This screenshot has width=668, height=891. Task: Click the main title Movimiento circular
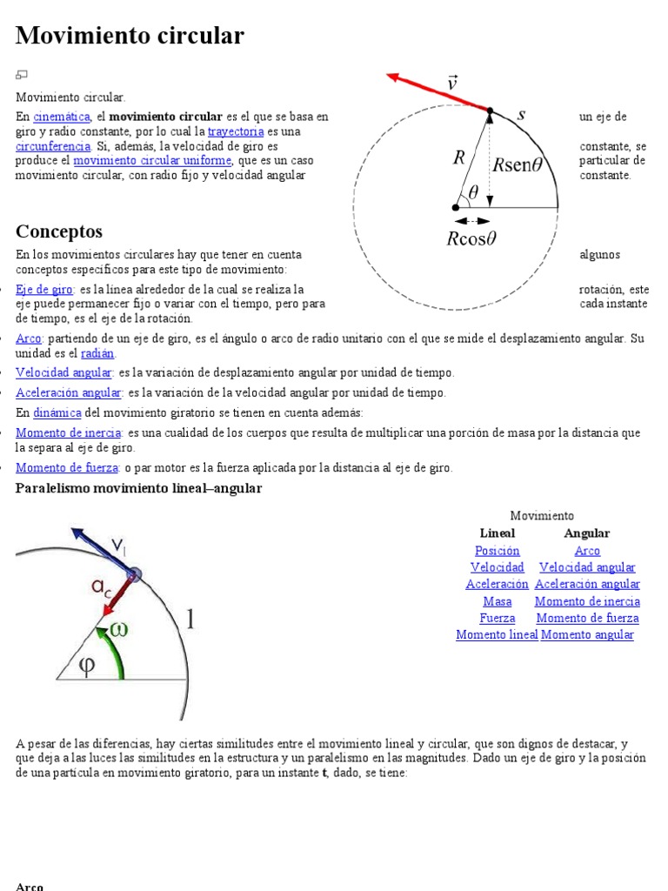tap(130, 36)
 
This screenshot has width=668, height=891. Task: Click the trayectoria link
tap(236, 131)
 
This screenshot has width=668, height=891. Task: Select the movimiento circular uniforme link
tap(152, 161)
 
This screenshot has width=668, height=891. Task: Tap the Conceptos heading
tap(59, 231)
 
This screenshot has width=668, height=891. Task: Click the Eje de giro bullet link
tap(44, 289)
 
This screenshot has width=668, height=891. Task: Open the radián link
tap(97, 353)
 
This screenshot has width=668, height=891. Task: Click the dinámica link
tap(57, 412)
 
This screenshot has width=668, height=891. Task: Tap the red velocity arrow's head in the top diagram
tap(393, 77)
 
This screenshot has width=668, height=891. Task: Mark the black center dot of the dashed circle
tap(455, 207)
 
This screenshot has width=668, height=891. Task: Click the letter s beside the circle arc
tap(522, 114)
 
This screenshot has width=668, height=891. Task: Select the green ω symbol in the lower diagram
tap(119, 629)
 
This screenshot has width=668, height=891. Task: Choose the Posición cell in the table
tap(498, 551)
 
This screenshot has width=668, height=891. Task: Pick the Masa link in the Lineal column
tap(498, 601)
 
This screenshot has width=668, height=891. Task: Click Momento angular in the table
tap(587, 635)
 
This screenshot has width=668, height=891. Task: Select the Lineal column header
tap(498, 533)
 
